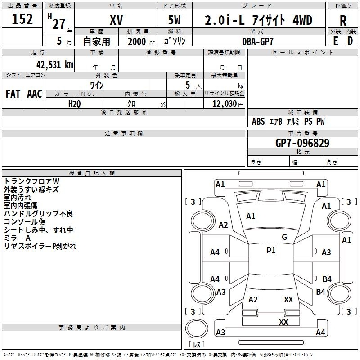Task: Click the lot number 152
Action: [22, 19]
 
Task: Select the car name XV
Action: [117, 20]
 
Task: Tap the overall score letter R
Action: [343, 21]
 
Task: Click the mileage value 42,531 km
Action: [55, 65]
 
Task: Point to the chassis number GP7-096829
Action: [302, 143]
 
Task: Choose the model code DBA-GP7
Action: [258, 41]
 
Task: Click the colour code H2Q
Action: [75, 104]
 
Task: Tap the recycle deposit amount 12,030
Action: [224, 104]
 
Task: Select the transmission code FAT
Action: [13, 94]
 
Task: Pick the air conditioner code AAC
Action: [35, 94]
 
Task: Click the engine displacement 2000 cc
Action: [141, 41]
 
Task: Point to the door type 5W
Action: [175, 20]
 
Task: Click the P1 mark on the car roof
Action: [271, 251]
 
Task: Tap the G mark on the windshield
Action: [284, 237]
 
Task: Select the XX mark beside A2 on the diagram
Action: [288, 300]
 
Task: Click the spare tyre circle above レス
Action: [197, 328]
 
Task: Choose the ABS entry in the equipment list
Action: [258, 121]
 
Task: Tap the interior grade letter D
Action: [350, 41]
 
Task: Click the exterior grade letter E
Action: [335, 41]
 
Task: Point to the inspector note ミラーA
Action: [17, 238]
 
